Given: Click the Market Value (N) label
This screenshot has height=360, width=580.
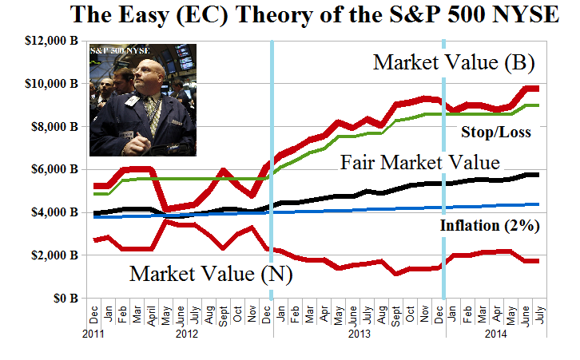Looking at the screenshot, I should [212, 273].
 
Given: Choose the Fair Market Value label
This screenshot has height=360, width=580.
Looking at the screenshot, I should [420, 162].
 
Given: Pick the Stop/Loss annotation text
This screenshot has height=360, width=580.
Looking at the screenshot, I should [497, 132].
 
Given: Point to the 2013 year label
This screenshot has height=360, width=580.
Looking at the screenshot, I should [359, 335].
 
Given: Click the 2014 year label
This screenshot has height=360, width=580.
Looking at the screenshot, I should [496, 335].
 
